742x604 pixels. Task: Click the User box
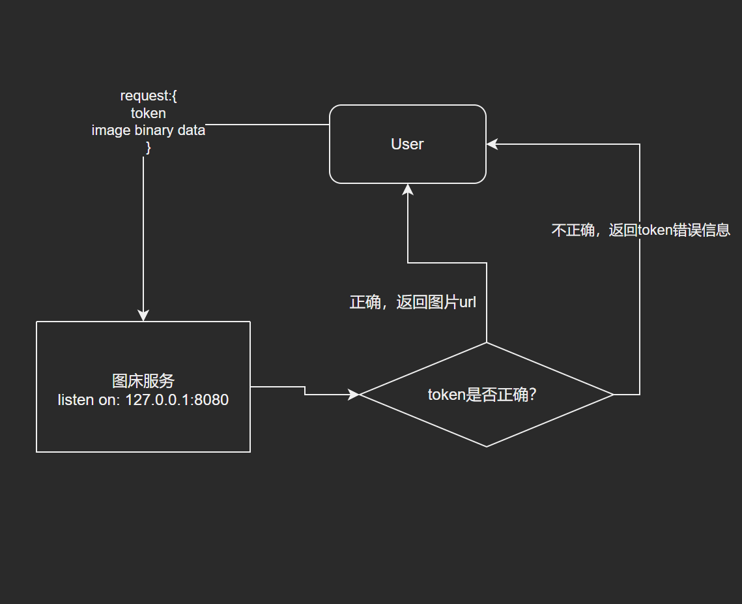click(x=408, y=144)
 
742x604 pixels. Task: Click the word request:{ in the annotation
click(x=149, y=96)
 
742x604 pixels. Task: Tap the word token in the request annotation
click(x=149, y=113)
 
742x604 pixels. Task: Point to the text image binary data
click(x=149, y=130)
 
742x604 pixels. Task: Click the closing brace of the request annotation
click(x=148, y=147)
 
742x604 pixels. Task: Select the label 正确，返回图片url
click(x=413, y=303)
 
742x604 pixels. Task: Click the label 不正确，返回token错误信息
click(x=640, y=230)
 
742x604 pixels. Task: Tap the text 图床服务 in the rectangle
click(x=143, y=381)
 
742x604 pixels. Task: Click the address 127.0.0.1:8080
click(x=177, y=400)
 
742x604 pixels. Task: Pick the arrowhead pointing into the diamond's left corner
click(x=354, y=394)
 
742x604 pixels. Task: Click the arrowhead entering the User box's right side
click(x=492, y=145)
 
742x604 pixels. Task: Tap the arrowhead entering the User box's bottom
click(x=408, y=189)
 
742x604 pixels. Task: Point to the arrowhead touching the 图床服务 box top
click(x=143, y=316)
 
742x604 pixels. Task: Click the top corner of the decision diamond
click(x=487, y=343)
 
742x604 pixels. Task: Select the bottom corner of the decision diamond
click(x=487, y=446)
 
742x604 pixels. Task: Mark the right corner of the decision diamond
click(x=613, y=395)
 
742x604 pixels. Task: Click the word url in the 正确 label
click(x=468, y=303)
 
